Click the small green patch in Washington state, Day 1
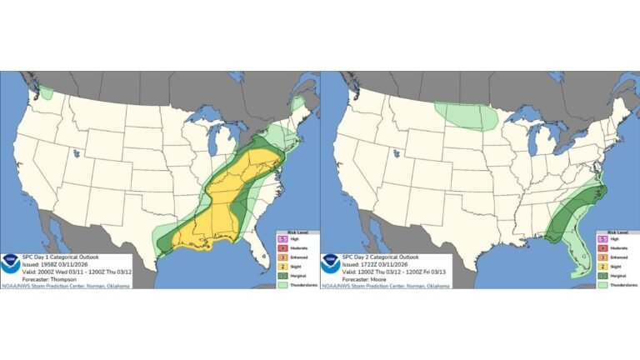pos(47,93)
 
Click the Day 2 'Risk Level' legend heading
pos(617,232)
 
